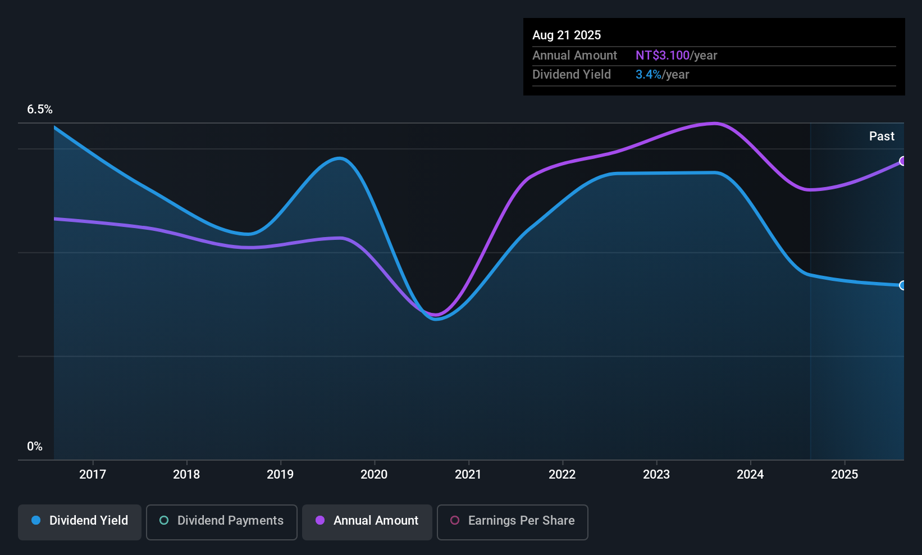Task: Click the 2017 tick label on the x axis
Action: click(93, 474)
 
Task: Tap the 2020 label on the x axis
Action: click(374, 474)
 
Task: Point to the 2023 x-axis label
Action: click(656, 474)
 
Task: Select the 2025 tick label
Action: click(844, 474)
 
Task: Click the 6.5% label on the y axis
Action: click(39, 110)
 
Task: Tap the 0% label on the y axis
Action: click(35, 447)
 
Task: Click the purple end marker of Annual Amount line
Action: click(902, 161)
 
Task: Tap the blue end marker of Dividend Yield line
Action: click(902, 285)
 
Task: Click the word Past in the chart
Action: click(882, 137)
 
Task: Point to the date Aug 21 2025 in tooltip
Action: click(567, 35)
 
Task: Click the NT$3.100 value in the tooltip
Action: click(662, 56)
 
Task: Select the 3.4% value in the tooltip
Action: click(648, 75)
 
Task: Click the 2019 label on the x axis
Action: click(280, 474)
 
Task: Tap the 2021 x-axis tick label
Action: click(468, 474)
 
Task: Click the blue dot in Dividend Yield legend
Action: click(36, 520)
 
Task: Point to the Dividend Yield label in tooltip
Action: click(571, 75)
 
